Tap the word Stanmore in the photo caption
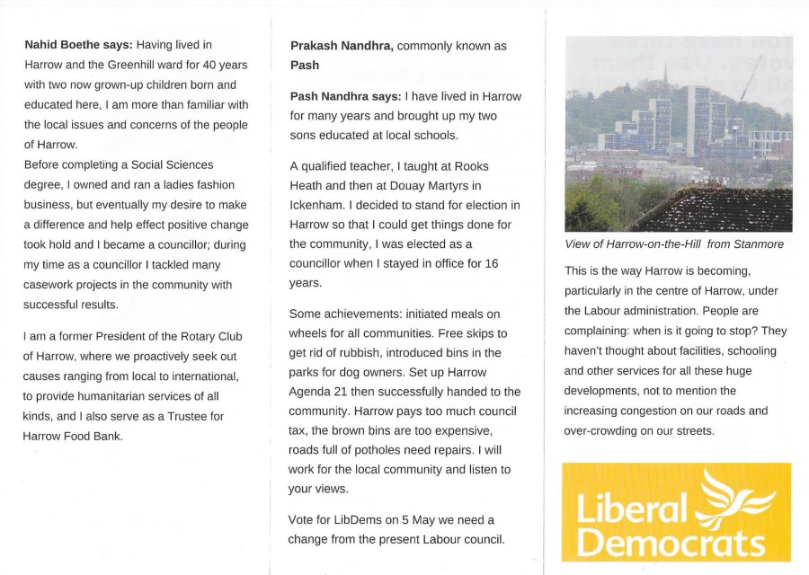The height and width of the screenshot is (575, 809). click(754, 244)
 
